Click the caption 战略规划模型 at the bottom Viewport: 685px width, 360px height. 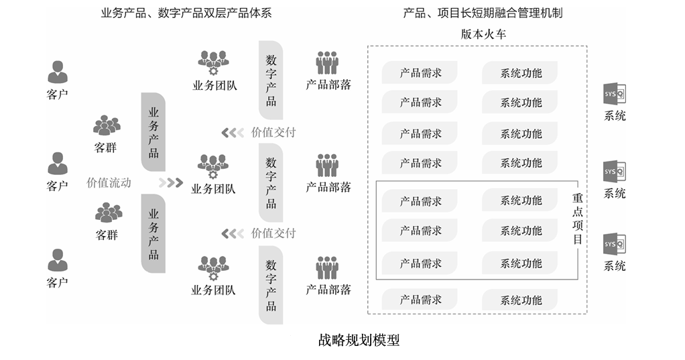pos(359,340)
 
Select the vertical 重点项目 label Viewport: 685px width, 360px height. pos(577,219)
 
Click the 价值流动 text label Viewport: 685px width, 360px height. pos(109,182)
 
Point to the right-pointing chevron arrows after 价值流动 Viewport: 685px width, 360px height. pos(171,182)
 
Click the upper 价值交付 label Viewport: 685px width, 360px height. pos(273,132)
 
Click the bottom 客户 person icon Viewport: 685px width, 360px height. pos(58,260)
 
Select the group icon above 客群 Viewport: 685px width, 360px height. pos(107,125)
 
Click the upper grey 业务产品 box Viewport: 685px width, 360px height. pos(153,131)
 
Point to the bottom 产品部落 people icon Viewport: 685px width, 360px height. pos(328,268)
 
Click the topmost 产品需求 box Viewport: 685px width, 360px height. pos(420,73)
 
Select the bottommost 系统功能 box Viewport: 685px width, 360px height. pos(521,300)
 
